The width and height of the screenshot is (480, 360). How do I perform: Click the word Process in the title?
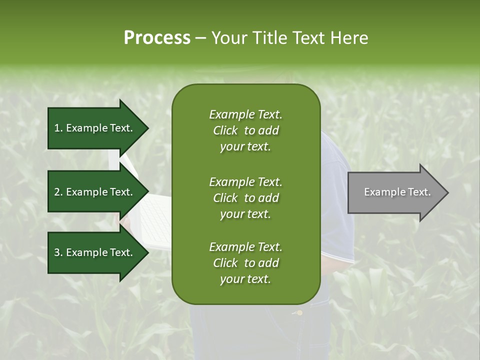click(x=157, y=38)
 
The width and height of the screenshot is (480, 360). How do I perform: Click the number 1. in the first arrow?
click(x=58, y=128)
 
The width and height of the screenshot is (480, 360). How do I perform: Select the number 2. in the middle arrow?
click(x=58, y=192)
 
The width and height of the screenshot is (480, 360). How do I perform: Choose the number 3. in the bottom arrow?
click(x=58, y=252)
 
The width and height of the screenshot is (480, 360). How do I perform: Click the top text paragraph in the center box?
click(x=245, y=130)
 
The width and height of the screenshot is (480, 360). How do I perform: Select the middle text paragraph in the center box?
click(x=245, y=197)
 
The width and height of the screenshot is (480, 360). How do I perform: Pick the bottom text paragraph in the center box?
click(x=245, y=263)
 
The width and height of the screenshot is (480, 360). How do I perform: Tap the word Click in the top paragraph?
click(x=225, y=130)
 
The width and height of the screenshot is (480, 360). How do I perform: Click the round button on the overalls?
click(x=299, y=313)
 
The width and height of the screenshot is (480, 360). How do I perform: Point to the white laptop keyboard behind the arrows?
click(x=157, y=220)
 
